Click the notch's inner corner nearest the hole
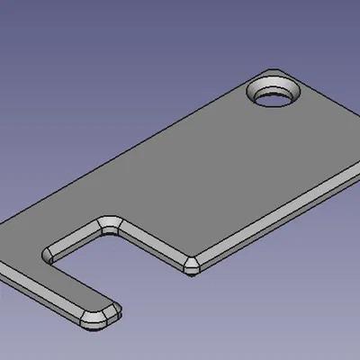click(111, 221)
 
